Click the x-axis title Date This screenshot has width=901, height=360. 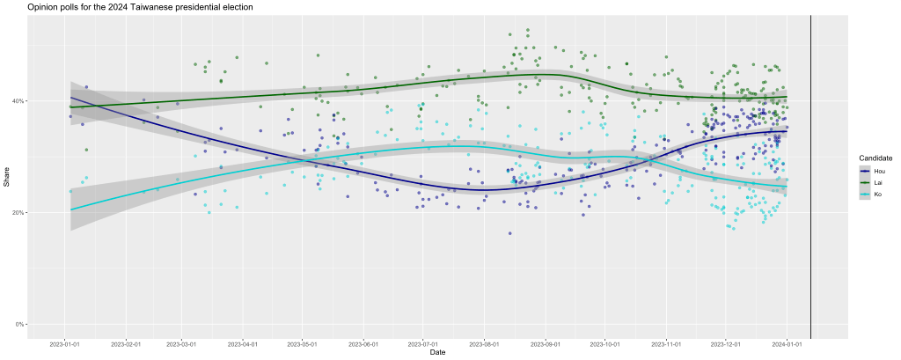(437, 353)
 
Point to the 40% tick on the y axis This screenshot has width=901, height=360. (18, 101)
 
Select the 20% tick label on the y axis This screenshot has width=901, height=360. (18, 213)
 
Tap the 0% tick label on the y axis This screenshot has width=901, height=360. (20, 324)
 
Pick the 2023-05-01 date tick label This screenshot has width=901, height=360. (302, 343)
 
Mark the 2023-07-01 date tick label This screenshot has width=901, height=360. (422, 343)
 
